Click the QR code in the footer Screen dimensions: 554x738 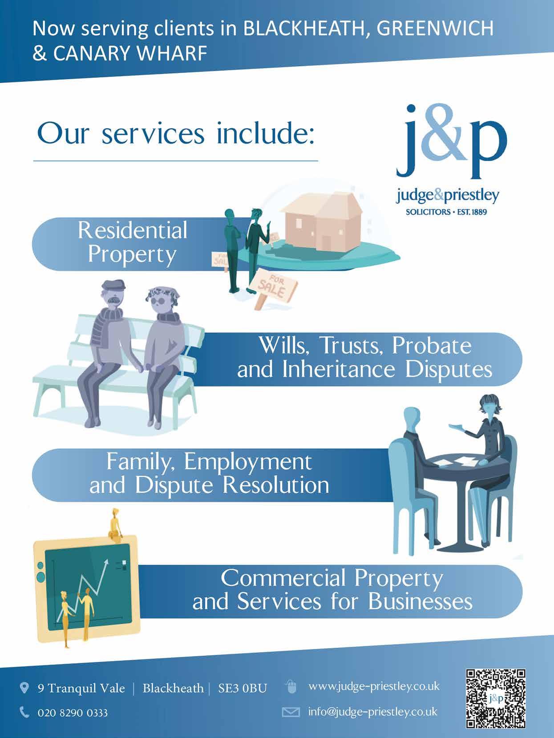(496, 698)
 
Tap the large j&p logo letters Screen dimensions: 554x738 (451, 141)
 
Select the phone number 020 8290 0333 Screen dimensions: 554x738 (73, 713)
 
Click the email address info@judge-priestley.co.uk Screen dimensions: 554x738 (373, 712)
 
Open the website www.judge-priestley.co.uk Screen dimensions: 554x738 (374, 686)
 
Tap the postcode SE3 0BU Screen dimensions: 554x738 (243, 689)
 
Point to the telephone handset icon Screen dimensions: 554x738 (25, 713)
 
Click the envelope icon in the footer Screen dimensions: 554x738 (291, 713)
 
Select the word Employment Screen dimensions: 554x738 (248, 462)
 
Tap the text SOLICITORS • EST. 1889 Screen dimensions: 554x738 (446, 212)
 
